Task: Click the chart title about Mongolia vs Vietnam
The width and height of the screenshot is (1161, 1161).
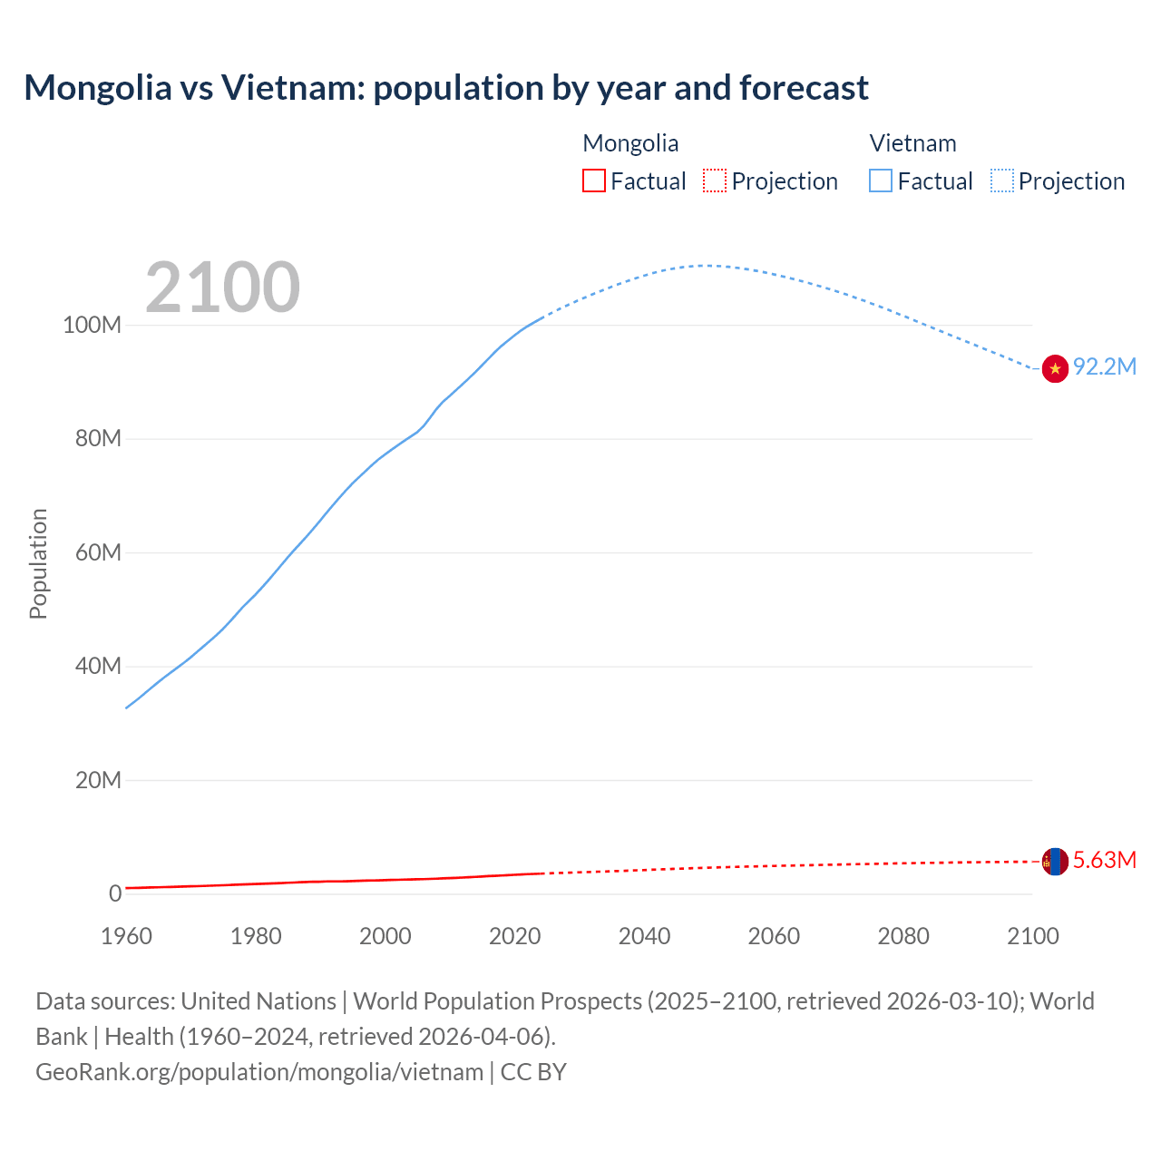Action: pos(446,88)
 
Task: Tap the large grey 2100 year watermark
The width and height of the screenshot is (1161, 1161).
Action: pos(222,288)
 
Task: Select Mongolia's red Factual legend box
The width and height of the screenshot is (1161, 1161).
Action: pos(594,180)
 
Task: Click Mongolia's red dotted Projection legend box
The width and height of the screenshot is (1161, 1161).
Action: pos(715,180)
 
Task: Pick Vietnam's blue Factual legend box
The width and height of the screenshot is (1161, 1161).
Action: pos(881,180)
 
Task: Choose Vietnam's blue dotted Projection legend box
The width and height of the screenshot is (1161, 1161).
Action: pos(1001,180)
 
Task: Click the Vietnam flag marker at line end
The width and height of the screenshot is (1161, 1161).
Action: pos(1055,368)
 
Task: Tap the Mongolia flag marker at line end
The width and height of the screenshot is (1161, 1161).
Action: pos(1055,861)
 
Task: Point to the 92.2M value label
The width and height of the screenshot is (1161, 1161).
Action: pos(1104,366)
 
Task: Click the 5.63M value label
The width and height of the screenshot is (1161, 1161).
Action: pos(1104,860)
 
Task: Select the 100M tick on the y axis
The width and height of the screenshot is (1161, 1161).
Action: pos(92,325)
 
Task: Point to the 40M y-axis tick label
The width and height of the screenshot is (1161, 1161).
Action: pos(97,666)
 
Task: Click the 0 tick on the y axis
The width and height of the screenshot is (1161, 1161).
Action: pos(115,893)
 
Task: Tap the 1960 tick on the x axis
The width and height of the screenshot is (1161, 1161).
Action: pos(126,935)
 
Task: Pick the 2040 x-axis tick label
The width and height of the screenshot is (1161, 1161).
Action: pos(644,935)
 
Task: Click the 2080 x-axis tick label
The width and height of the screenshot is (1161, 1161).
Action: pos(903,935)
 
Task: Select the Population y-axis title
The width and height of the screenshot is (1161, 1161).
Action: pos(38,563)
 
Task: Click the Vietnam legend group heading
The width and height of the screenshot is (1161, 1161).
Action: pos(912,143)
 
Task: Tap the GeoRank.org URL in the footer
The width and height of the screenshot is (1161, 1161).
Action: pos(259,1071)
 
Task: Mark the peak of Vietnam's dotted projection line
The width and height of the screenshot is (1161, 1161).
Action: pos(706,266)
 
